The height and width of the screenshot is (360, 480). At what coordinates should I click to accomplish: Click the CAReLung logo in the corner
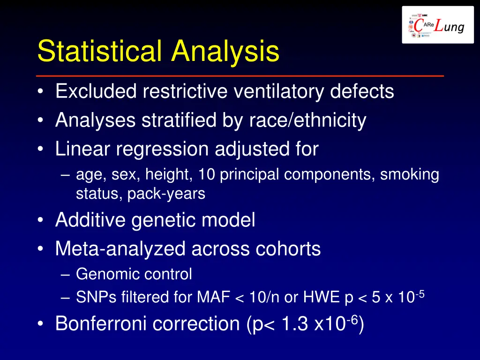pyautogui.click(x=438, y=25)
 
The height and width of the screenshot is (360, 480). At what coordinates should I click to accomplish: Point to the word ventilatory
pyautogui.click(x=279, y=91)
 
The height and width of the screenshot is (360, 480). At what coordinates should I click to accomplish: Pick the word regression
pyautogui.click(x=165, y=149)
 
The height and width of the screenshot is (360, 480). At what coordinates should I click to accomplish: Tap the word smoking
pyautogui.click(x=409, y=174)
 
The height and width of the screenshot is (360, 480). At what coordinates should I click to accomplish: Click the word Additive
pyautogui.click(x=90, y=220)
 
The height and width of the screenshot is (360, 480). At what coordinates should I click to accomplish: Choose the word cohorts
pyautogui.click(x=288, y=248)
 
